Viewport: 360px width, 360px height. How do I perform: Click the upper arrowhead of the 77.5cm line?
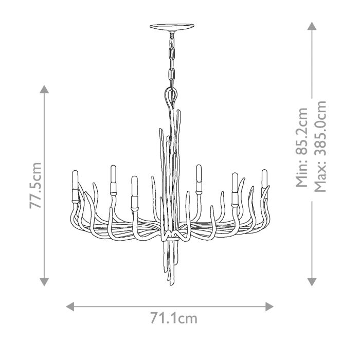(45, 88)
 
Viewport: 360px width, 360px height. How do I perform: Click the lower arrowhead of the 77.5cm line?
(45, 281)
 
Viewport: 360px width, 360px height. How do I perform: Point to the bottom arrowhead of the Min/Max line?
(311, 281)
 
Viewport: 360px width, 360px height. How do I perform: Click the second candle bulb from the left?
(112, 174)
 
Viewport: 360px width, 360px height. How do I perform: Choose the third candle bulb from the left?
(134, 185)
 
